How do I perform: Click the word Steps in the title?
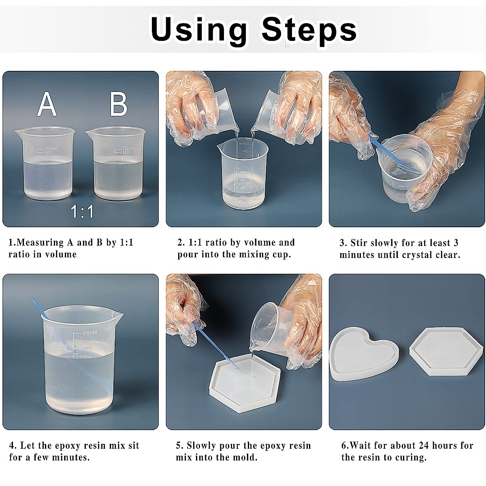click(x=309, y=29)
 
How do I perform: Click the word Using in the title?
click(x=198, y=29)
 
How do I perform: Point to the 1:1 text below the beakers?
click(x=82, y=211)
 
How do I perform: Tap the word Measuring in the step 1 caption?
click(x=41, y=243)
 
